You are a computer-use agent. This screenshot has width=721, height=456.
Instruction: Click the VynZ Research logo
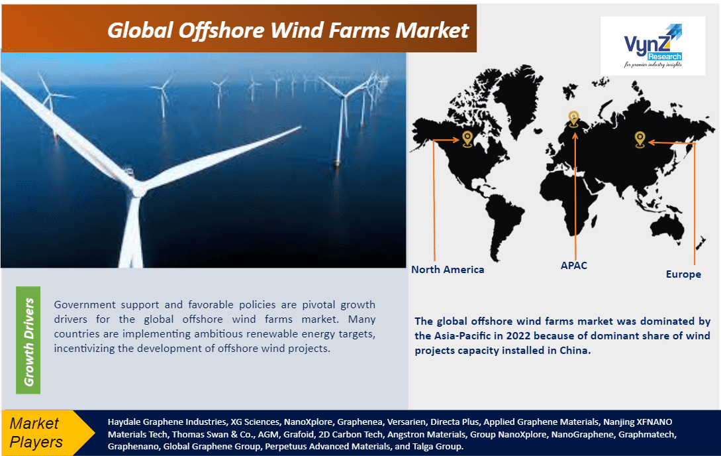click(653, 46)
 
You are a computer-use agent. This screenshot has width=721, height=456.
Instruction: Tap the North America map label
click(448, 270)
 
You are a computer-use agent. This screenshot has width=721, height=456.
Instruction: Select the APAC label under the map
click(573, 265)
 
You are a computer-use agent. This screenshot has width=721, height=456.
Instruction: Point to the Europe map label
click(683, 274)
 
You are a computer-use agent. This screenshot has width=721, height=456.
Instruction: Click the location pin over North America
click(467, 139)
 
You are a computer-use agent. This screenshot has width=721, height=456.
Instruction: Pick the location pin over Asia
click(640, 139)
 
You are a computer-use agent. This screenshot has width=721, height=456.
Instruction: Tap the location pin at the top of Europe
click(574, 119)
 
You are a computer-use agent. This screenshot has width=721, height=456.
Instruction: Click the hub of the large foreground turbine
click(138, 190)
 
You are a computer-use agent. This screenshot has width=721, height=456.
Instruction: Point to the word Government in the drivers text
click(85, 305)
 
